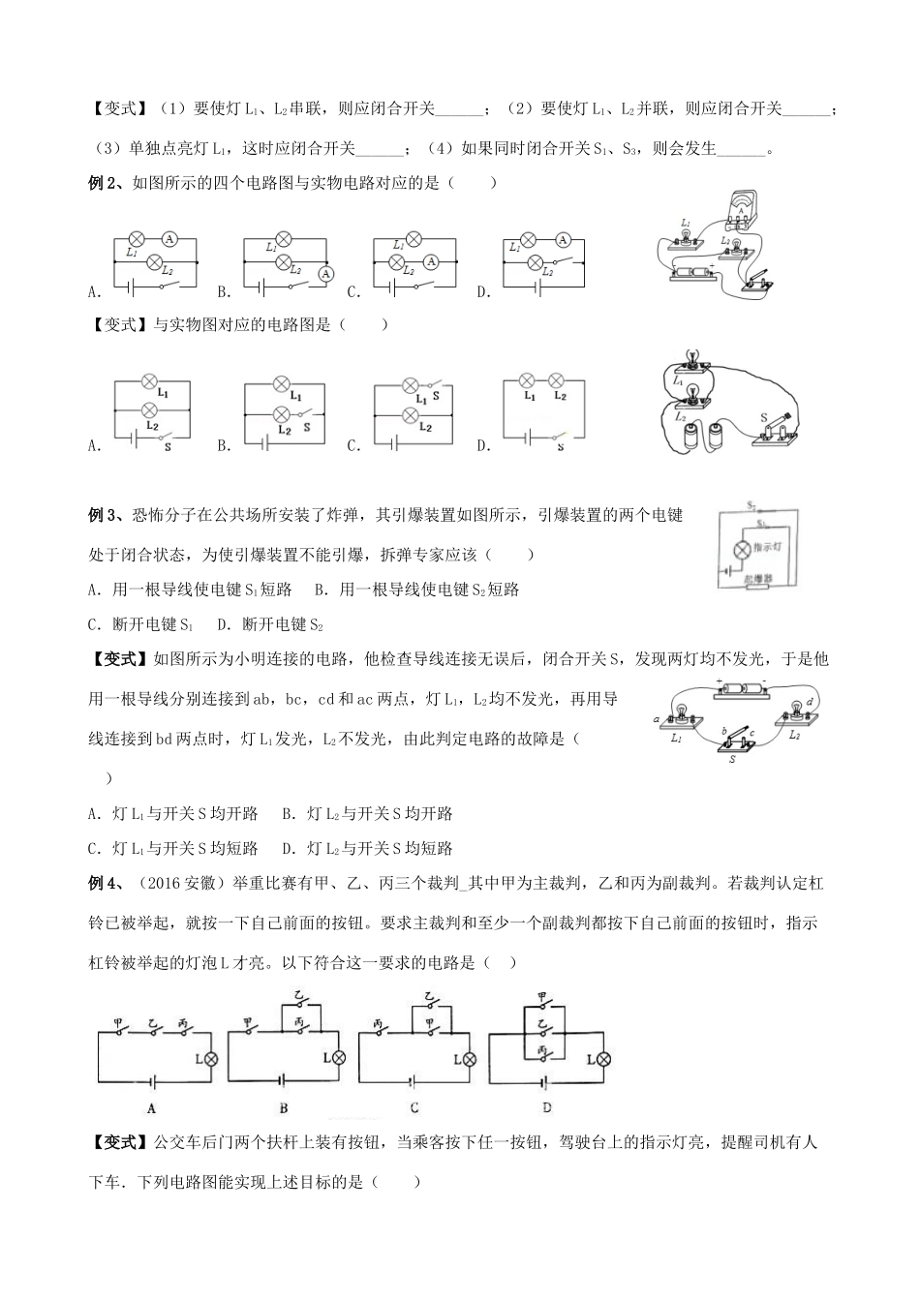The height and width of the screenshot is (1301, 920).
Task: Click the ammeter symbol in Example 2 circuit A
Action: [170, 237]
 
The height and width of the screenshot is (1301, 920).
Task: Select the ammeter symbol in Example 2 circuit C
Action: [435, 261]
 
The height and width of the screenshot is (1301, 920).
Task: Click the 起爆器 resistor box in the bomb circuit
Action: [758, 581]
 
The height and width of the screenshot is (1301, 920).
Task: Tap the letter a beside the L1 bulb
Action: [658, 719]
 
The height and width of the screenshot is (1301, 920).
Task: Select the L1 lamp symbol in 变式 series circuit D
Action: [529, 380]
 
